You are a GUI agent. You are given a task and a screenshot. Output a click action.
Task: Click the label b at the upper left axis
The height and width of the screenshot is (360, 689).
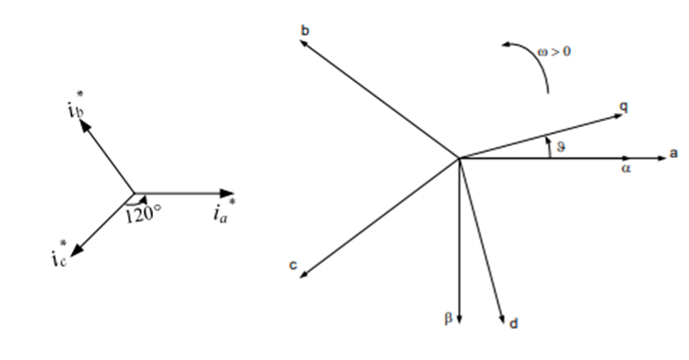click(305, 30)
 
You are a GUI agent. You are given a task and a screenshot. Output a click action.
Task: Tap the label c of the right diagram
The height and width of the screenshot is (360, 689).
click(293, 265)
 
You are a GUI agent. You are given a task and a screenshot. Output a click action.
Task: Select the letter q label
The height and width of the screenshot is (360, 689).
click(624, 107)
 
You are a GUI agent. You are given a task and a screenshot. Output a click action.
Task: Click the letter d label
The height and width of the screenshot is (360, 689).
click(513, 323)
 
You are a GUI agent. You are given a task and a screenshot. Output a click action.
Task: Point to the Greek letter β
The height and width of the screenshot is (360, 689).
click(448, 318)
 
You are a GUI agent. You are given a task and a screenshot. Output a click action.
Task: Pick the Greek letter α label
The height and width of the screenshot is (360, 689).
click(625, 168)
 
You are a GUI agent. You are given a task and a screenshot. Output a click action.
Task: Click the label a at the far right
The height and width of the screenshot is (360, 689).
click(673, 153)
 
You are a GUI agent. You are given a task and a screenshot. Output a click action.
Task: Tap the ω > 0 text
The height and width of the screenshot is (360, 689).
click(554, 51)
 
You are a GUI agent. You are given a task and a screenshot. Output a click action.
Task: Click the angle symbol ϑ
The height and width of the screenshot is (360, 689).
click(561, 146)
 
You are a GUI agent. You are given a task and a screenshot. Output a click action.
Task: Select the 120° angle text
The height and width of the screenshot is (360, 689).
click(144, 215)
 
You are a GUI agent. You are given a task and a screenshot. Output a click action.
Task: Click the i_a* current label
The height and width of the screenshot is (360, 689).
click(224, 210)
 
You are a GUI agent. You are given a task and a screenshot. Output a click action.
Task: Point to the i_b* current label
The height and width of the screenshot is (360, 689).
click(76, 105)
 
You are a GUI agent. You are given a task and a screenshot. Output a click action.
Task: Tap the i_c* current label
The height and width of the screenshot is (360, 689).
click(59, 253)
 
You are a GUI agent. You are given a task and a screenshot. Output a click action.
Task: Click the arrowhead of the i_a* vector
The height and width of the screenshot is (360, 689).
click(227, 193)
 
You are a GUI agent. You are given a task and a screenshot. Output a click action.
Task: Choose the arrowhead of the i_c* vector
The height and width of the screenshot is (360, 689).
click(77, 250)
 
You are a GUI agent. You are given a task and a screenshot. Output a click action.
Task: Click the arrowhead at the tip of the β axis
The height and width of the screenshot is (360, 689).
click(459, 319)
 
